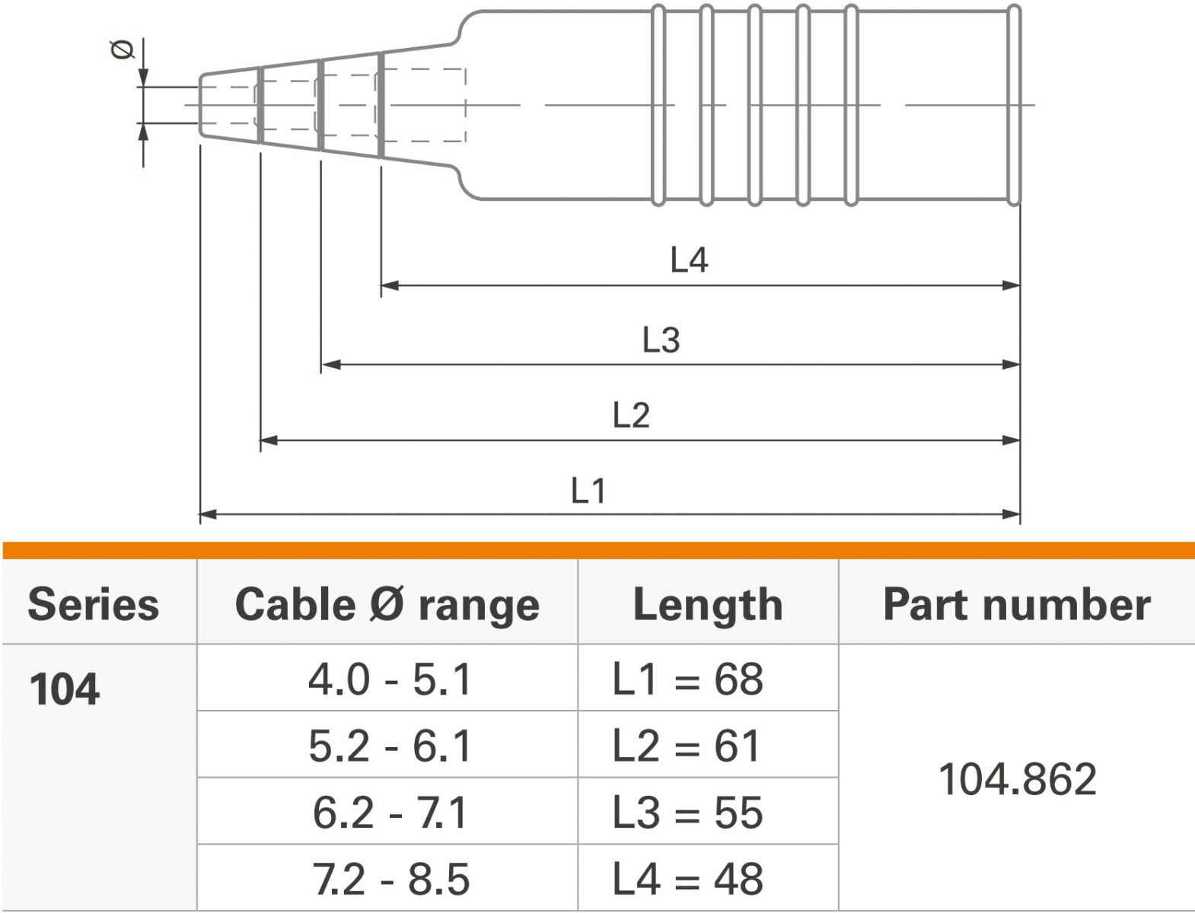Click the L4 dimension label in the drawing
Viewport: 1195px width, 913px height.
click(689, 260)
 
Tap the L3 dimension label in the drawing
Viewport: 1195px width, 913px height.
click(661, 340)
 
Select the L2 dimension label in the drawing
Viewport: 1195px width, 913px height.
click(631, 415)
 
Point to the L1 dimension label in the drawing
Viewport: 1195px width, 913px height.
click(588, 491)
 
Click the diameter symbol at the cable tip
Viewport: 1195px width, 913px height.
click(123, 50)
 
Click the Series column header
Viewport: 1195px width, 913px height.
click(94, 605)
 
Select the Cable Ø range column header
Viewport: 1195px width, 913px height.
click(387, 605)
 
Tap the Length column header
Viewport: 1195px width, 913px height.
click(708, 606)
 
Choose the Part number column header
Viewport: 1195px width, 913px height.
click(1017, 605)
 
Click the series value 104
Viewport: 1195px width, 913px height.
click(65, 689)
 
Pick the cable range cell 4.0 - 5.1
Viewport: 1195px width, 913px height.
click(390, 679)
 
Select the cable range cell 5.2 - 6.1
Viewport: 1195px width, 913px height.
click(390, 746)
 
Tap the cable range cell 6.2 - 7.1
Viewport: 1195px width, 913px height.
click(390, 813)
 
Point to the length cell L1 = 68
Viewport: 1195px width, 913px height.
click(687, 679)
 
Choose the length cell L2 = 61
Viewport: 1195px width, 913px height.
click(687, 746)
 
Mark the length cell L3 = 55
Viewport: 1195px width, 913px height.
click(687, 813)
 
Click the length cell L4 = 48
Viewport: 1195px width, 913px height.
click(687, 879)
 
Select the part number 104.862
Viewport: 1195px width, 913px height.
click(1018, 779)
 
